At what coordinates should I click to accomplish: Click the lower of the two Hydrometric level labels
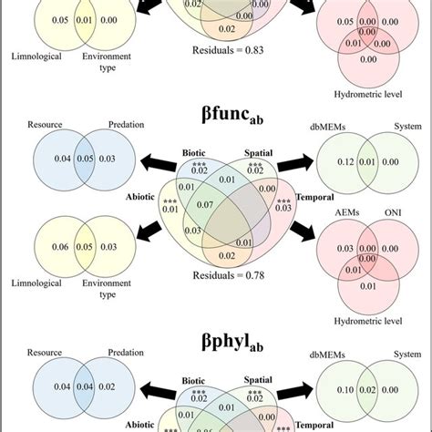tap(371, 320)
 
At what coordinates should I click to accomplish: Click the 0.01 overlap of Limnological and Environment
tap(83, 18)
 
